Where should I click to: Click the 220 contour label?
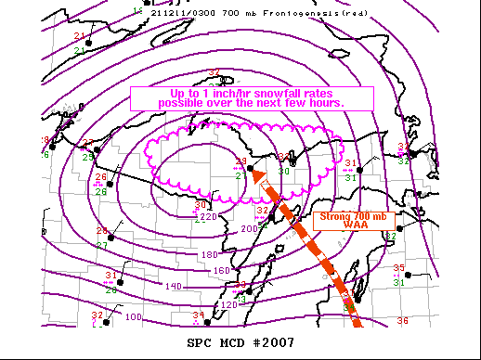[x=210, y=217]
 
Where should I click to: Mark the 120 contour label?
[x=229, y=304]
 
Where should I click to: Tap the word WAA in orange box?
[x=344, y=225]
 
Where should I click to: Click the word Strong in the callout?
[x=326, y=217]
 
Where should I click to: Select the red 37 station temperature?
[x=214, y=72]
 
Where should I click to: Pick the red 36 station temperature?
[x=402, y=321]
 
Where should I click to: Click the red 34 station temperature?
[x=197, y=315]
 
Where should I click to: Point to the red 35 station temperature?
[x=399, y=268]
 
